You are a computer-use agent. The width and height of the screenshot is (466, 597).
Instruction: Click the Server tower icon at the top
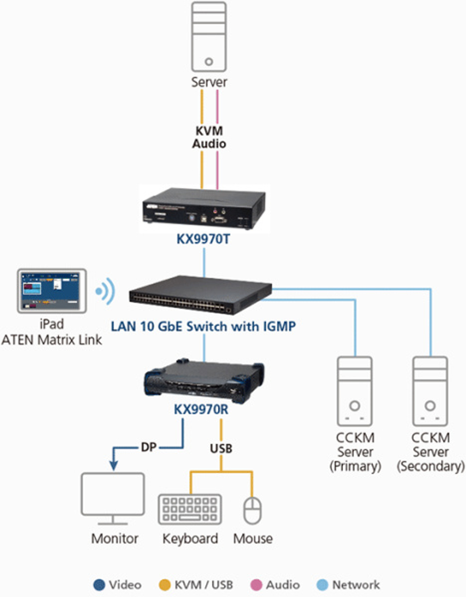209,37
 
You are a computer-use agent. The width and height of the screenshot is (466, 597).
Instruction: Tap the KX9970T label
203,239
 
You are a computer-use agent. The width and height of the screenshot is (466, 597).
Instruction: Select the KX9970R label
201,410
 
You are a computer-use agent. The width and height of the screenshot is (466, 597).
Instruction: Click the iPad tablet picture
52,291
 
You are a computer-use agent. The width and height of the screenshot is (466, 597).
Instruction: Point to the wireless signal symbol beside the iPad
105,292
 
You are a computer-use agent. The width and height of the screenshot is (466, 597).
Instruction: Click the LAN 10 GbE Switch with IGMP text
203,326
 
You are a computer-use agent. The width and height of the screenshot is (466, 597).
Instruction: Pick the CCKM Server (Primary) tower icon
355,391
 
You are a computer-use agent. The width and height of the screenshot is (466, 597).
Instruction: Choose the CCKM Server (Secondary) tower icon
430,391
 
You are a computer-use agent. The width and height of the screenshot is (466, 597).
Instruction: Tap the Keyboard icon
190,509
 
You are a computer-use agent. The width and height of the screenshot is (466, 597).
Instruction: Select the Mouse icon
253,510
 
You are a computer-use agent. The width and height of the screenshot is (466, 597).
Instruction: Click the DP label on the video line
148,448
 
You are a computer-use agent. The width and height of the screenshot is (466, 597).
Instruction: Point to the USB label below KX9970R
221,448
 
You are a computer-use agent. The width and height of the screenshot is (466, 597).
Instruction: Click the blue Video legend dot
99,585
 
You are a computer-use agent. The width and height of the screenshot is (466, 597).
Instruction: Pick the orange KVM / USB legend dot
164,585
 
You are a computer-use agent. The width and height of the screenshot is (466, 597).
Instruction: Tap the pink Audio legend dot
256,585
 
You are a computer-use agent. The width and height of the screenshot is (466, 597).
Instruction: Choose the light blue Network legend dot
322,585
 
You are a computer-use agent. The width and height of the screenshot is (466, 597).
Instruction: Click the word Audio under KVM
209,144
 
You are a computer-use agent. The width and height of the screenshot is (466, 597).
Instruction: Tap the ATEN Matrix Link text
51,339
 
